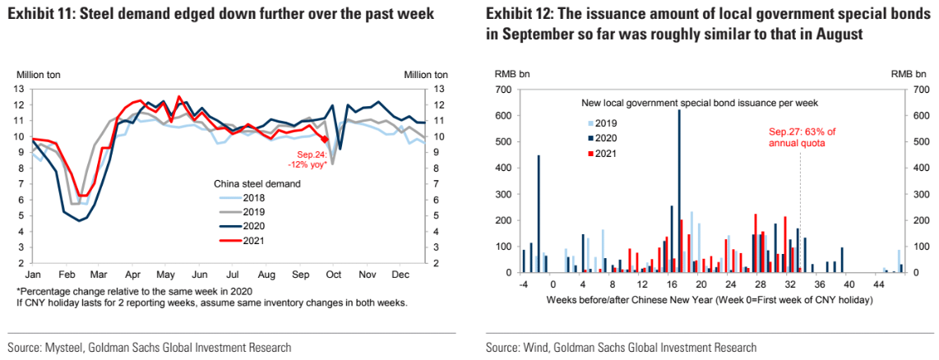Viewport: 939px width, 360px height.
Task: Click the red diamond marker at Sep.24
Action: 324,140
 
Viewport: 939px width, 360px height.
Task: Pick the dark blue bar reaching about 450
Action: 539,213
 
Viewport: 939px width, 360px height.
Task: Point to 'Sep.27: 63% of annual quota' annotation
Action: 801,136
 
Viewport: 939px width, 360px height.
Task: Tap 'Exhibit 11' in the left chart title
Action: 41,15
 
